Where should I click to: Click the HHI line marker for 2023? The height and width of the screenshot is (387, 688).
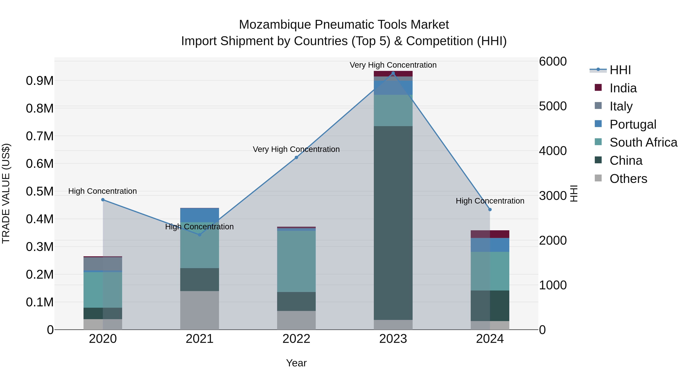(393, 73)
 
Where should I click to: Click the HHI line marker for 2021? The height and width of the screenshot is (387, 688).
(200, 235)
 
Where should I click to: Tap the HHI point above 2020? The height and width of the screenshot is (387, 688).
(103, 200)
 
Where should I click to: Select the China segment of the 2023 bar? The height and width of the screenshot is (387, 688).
(393, 223)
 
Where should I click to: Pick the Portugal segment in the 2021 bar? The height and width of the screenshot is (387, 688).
(200, 215)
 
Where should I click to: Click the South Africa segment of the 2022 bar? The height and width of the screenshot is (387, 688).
(296, 261)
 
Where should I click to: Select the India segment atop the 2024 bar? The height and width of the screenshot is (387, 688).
(490, 234)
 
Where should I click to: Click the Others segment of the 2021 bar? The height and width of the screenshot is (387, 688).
(200, 310)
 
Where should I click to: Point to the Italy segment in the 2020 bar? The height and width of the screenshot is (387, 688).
(103, 264)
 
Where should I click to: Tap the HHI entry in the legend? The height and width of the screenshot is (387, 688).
(620, 70)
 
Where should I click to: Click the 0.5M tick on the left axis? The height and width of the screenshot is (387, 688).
(40, 191)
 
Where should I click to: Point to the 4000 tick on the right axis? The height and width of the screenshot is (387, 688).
(552, 151)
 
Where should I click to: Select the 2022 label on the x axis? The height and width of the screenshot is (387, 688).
(296, 339)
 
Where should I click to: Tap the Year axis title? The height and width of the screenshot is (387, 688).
(296, 363)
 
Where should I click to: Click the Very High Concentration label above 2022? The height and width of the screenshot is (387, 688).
(296, 149)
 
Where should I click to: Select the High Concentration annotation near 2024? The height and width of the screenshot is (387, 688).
(490, 201)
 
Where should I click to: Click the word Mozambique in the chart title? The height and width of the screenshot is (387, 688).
(275, 25)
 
